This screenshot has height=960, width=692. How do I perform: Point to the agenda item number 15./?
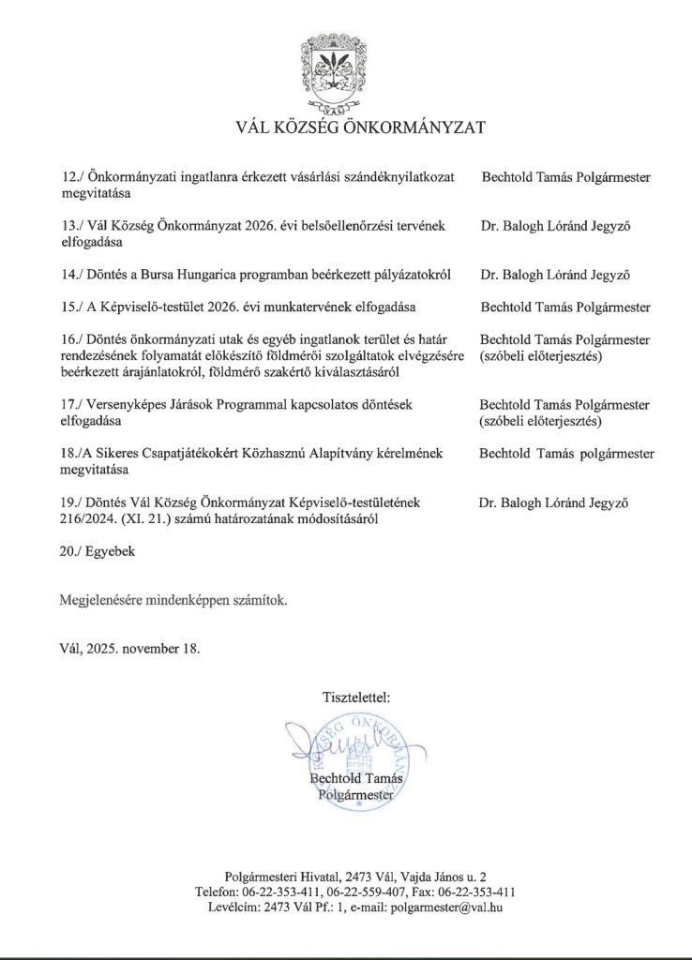tap(71, 307)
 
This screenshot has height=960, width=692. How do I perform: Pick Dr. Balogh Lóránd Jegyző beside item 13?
tap(553, 226)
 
